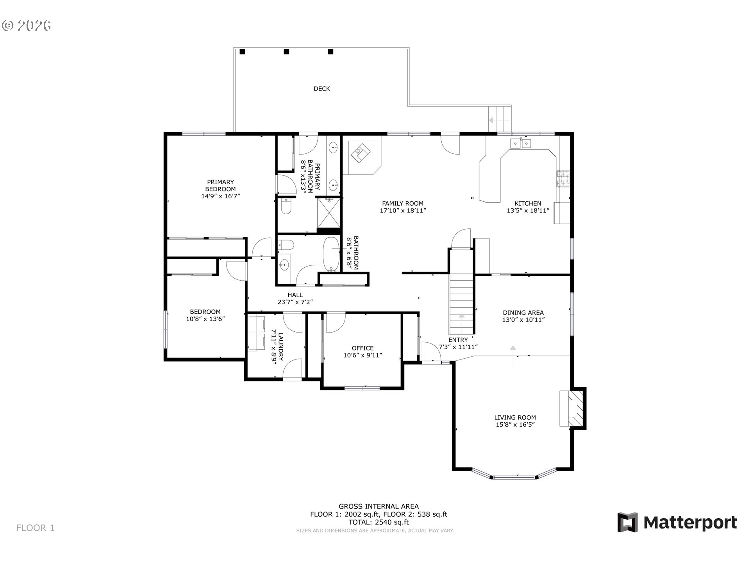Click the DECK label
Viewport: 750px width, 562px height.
point(321,89)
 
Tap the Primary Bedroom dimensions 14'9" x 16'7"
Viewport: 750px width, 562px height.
point(220,196)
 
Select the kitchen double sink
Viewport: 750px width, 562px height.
point(521,144)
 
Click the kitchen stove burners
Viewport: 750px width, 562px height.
point(563,179)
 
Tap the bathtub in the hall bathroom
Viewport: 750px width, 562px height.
point(332,254)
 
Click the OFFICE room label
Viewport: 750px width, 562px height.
point(362,348)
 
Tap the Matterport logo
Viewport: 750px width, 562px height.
point(677,522)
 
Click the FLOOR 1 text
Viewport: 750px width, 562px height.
point(35,528)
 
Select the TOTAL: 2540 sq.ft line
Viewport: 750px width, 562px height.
point(379,522)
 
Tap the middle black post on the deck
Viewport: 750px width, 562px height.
point(286,52)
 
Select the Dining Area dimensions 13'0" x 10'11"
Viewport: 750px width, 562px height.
point(523,320)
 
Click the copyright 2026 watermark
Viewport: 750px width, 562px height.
point(27,26)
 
